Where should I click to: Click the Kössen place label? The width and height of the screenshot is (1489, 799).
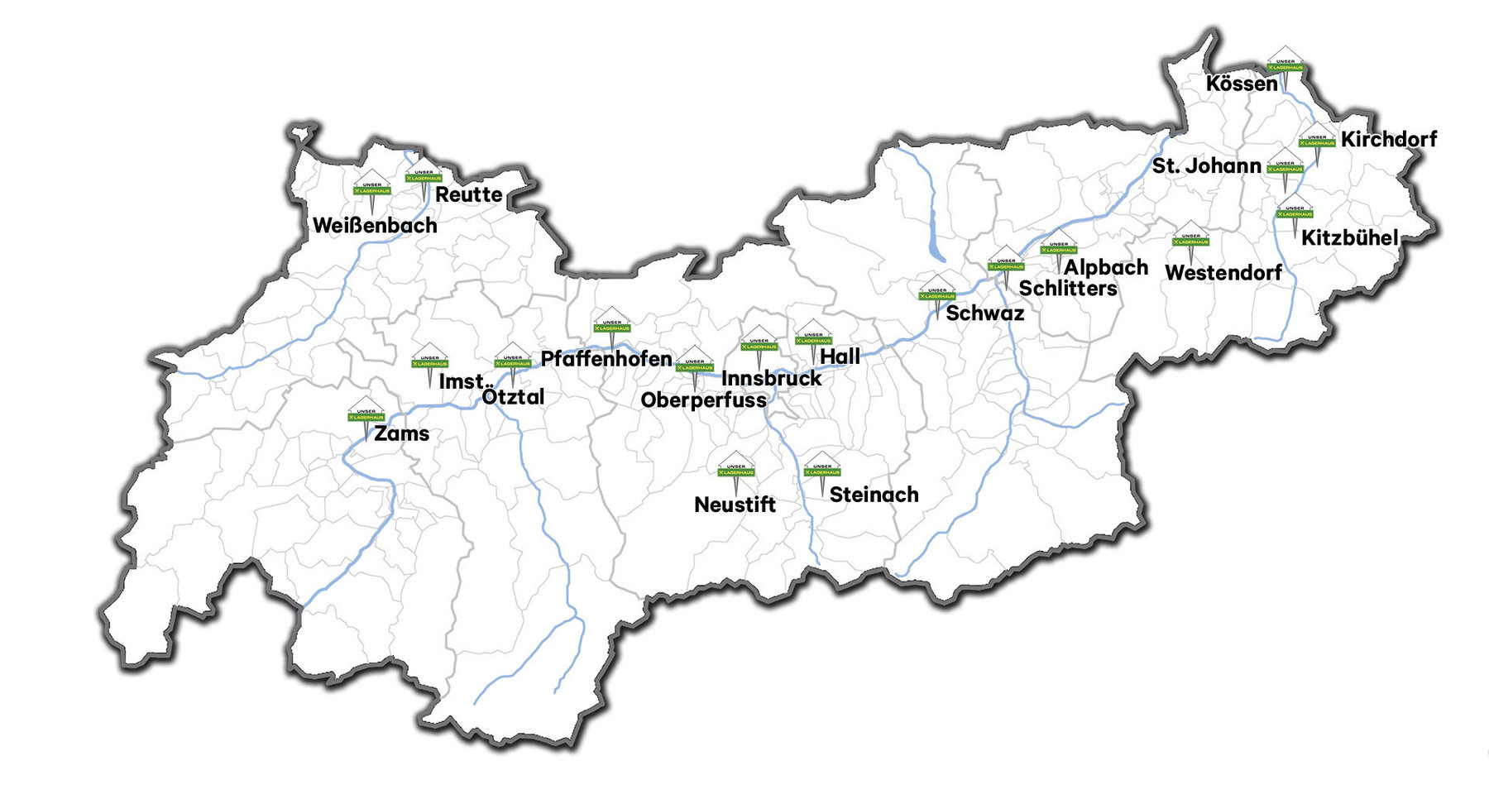pyautogui.click(x=1241, y=84)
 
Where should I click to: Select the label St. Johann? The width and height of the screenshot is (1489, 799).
pyautogui.click(x=1206, y=165)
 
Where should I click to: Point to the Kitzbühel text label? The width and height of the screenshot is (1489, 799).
pyautogui.click(x=1349, y=238)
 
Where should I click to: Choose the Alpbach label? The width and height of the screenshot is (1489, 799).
pyautogui.click(x=1105, y=267)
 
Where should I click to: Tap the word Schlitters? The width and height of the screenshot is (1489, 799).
pyautogui.click(x=1067, y=289)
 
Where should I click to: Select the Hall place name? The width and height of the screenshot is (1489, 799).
pyautogui.click(x=840, y=356)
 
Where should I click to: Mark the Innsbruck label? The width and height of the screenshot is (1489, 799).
pyautogui.click(x=771, y=378)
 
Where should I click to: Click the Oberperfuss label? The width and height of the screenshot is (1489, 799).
pyautogui.click(x=703, y=400)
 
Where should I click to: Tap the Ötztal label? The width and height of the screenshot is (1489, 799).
pyautogui.click(x=513, y=397)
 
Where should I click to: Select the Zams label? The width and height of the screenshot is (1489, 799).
pyautogui.click(x=401, y=433)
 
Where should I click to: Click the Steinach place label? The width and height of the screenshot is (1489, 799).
pyautogui.click(x=874, y=495)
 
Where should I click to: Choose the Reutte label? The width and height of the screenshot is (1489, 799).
pyautogui.click(x=468, y=195)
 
